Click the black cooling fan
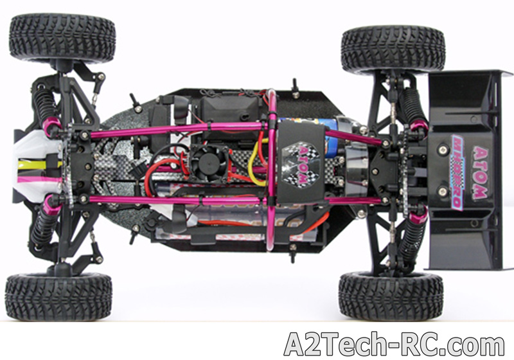(209, 162)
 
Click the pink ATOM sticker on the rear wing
(480, 173)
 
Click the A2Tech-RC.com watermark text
(394, 344)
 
